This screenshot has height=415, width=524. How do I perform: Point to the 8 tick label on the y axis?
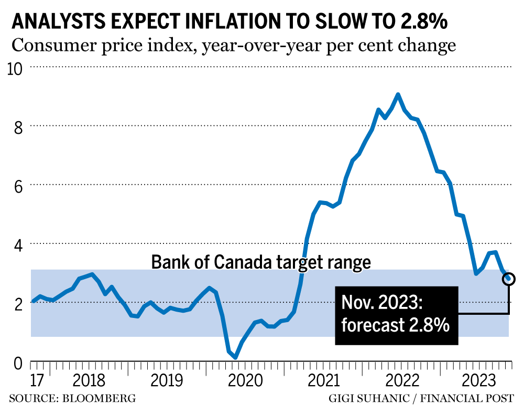pyautogui.click(x=18, y=126)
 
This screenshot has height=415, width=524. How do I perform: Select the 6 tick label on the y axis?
pyautogui.click(x=18, y=186)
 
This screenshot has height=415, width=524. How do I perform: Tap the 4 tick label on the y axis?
pyautogui.click(x=18, y=244)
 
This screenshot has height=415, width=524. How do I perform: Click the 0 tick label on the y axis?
pyautogui.click(x=18, y=363)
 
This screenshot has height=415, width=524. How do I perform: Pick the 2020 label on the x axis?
pyautogui.click(x=245, y=380)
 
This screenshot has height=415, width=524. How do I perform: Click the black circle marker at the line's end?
pyautogui.click(x=509, y=279)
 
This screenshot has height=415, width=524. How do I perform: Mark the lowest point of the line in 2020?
pyautogui.click(x=235, y=357)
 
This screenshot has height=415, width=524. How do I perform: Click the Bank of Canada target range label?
pyautogui.click(x=261, y=261)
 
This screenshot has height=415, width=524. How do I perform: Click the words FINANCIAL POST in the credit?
pyautogui.click(x=468, y=398)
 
